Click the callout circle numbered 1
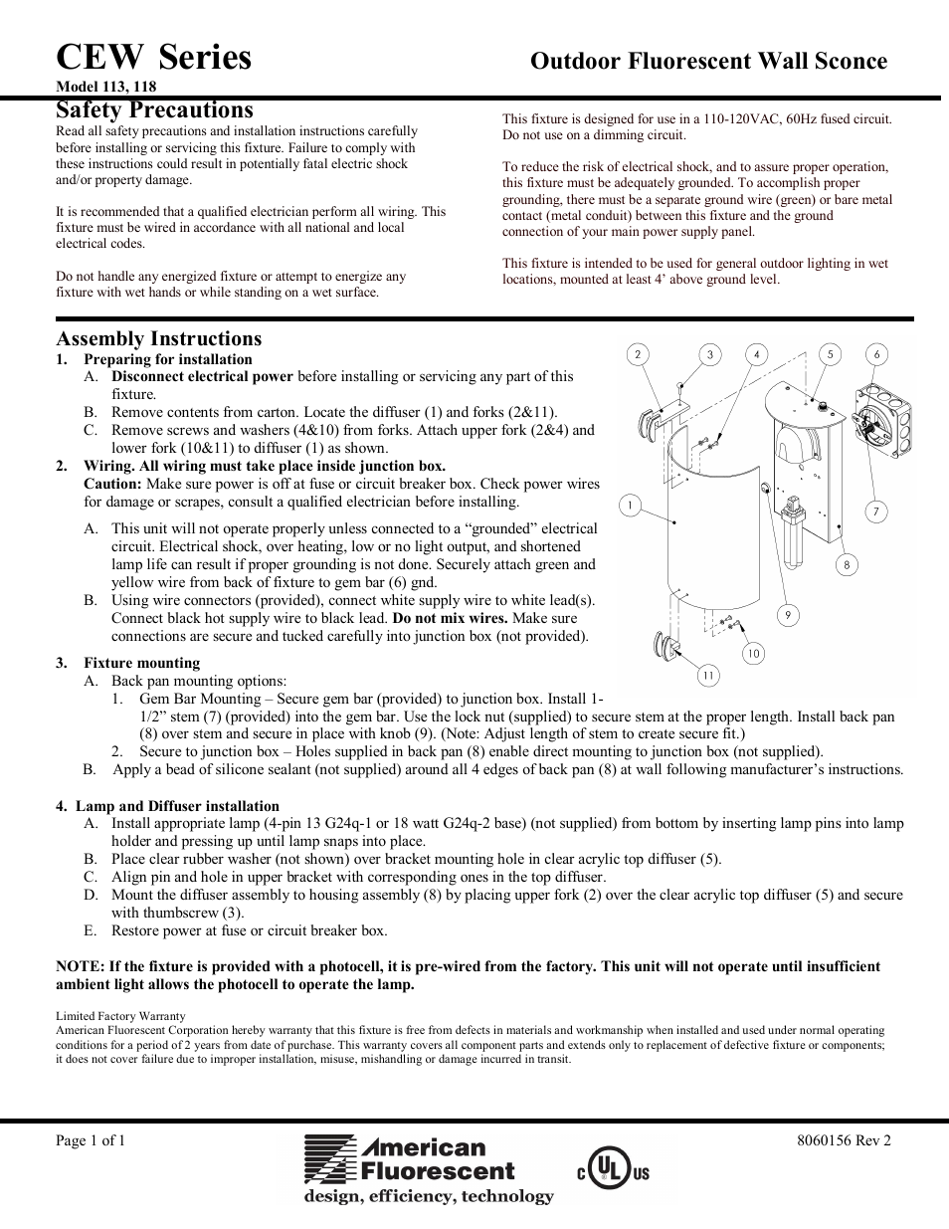(x=629, y=506)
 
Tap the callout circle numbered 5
(x=830, y=354)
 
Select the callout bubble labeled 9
(x=787, y=615)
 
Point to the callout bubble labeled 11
(x=707, y=676)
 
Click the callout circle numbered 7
(x=875, y=512)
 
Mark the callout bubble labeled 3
(x=709, y=354)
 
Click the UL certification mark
(x=609, y=1171)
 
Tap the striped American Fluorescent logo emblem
(x=329, y=1160)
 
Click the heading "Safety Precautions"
(x=154, y=110)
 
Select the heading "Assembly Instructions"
(x=158, y=338)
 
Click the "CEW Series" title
(x=154, y=58)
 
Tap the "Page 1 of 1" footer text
(x=91, y=1140)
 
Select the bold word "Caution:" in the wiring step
(x=112, y=484)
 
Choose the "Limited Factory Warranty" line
(x=120, y=1016)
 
